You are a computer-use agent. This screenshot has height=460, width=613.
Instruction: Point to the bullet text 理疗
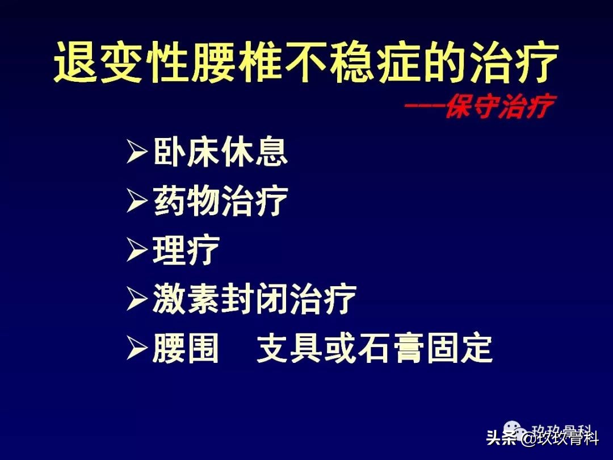(186, 250)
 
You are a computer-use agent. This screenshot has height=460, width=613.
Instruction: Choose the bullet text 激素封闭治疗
(254, 299)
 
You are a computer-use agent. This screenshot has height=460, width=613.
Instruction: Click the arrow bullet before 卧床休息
(137, 153)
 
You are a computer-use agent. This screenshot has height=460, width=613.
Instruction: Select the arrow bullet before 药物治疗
(137, 202)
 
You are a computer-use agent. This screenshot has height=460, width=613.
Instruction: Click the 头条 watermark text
(501, 439)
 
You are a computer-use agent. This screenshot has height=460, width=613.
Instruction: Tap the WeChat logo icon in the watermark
(514, 429)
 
